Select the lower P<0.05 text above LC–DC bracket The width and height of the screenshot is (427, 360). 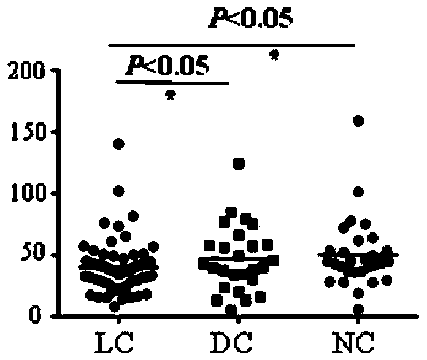(x=166, y=64)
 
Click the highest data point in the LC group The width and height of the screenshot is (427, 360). (x=118, y=144)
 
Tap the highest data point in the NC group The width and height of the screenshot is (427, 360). (x=358, y=121)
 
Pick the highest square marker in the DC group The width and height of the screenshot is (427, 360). (x=239, y=164)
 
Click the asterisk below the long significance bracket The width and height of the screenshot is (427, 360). (x=274, y=56)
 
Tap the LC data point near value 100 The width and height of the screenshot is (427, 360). (x=118, y=191)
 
